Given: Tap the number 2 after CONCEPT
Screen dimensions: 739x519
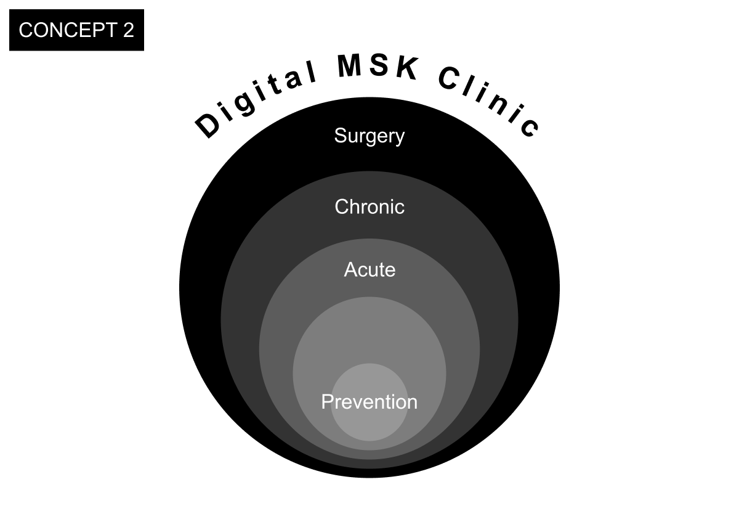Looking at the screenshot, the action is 128,30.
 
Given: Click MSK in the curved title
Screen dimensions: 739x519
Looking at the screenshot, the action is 378,67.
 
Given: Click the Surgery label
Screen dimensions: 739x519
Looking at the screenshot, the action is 369,136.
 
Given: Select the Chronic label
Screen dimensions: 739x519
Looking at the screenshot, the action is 369,206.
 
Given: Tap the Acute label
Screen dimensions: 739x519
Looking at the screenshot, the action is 369,270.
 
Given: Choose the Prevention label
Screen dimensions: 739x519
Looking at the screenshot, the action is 369,402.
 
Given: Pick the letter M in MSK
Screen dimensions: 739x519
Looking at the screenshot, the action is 350,67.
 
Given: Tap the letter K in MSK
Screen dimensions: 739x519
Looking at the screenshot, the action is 407,69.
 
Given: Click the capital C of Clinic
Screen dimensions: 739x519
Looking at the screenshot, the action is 451,79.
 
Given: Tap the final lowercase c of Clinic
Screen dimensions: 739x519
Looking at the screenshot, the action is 529,128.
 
